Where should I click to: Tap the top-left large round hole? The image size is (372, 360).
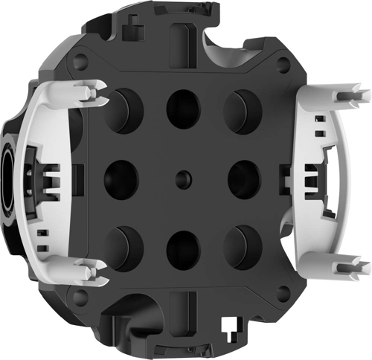click(x=122, y=111)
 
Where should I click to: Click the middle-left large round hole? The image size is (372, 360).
click(x=121, y=177)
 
